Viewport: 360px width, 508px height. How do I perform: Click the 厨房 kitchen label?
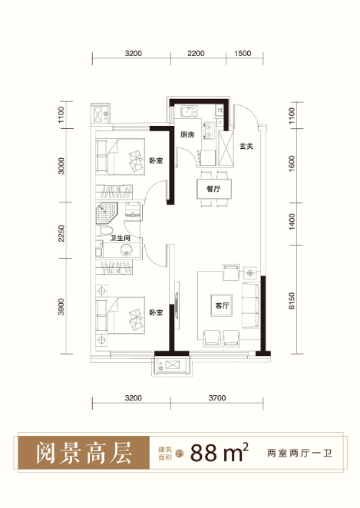187,134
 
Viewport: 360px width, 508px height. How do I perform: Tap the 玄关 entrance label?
246,146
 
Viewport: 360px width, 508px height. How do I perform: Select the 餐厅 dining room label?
213,189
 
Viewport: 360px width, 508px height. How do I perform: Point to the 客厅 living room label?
222,305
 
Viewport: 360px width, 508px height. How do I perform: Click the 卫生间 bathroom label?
120,238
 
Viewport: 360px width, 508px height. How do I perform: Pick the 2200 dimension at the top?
196,54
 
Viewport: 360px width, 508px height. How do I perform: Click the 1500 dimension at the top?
243,54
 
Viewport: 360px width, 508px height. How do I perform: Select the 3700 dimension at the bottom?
217,397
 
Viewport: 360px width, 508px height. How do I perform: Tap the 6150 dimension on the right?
292,301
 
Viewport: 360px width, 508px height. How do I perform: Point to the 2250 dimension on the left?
61,233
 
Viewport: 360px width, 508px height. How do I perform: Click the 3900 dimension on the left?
61,307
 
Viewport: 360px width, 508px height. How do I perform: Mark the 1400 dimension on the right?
292,222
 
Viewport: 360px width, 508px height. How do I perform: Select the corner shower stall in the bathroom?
106,213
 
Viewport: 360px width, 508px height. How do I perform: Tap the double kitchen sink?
190,112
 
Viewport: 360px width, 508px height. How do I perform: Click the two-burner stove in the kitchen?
208,130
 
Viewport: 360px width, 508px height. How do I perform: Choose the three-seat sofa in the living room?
250,306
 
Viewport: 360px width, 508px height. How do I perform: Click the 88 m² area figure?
219,452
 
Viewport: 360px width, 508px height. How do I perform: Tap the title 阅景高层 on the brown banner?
83,453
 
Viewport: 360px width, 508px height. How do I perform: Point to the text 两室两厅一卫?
299,453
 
